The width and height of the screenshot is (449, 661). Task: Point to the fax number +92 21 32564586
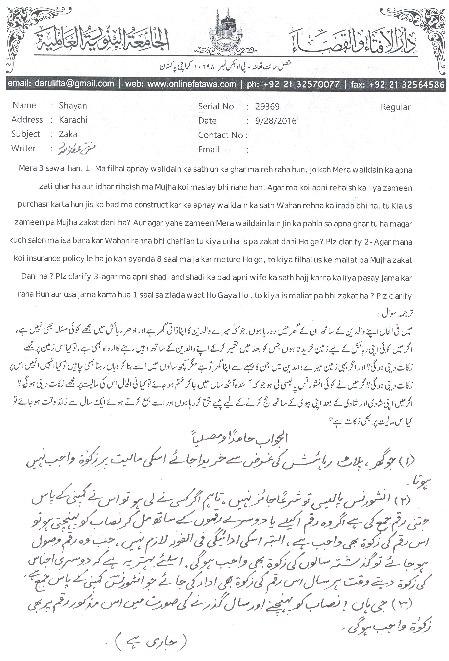point(407,84)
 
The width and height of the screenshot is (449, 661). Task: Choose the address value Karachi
point(73,120)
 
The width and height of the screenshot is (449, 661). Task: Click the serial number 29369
point(268,106)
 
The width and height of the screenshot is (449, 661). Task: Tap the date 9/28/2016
point(276,121)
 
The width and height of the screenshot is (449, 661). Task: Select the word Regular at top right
point(396,107)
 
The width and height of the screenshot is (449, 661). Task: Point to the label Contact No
point(220,135)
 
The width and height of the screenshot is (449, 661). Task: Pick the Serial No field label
point(216,106)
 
